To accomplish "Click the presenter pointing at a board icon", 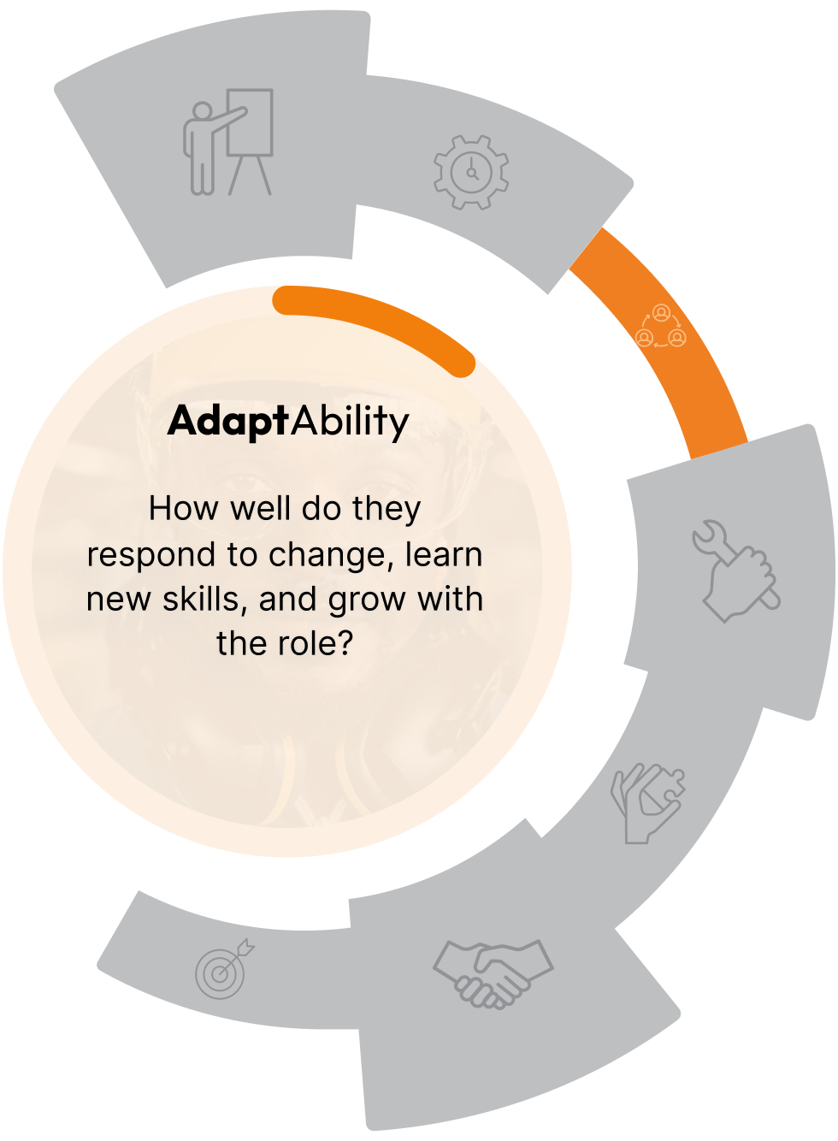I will point(227,143).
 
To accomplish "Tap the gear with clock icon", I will point(471,172).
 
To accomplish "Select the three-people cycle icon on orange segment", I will point(661,326).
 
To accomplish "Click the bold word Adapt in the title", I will point(228,421).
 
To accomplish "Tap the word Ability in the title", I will point(351,421).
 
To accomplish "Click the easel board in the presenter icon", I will point(251,122).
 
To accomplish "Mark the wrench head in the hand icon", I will point(708,538).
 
